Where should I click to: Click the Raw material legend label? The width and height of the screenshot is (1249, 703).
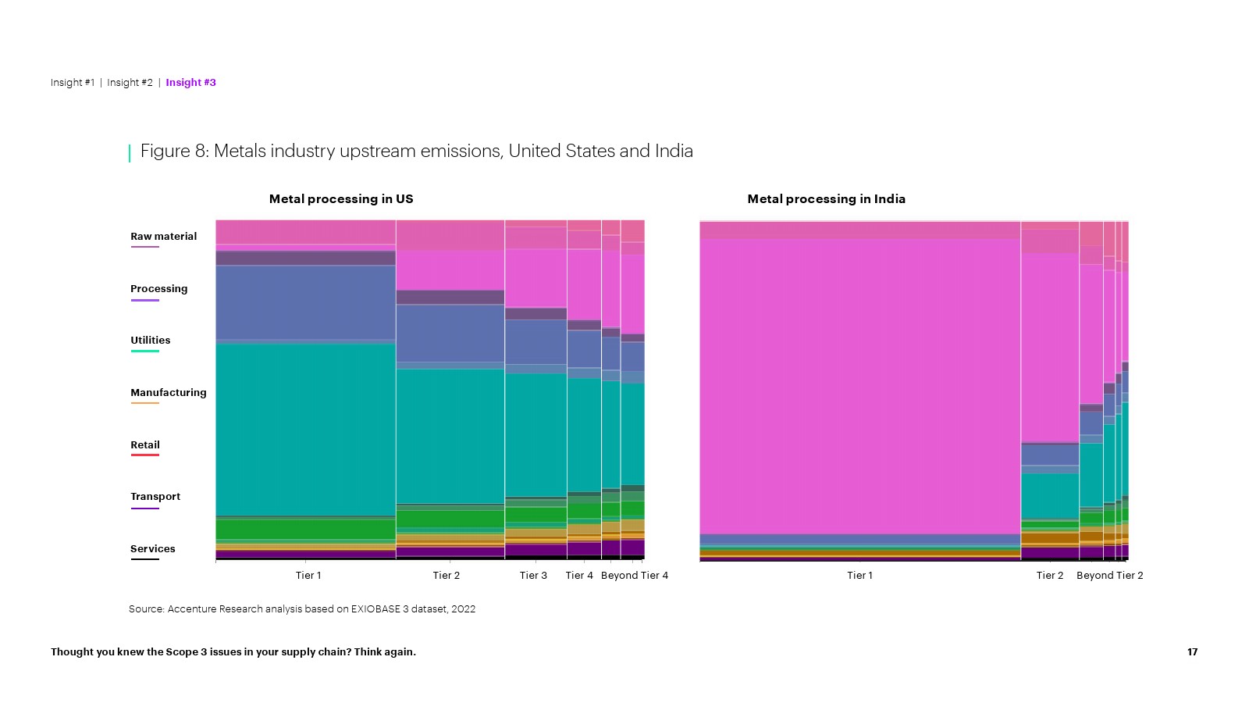pyautogui.click(x=163, y=237)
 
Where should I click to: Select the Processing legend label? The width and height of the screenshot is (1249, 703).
pyautogui.click(x=158, y=289)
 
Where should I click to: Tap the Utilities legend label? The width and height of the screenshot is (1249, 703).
pyautogui.click(x=150, y=341)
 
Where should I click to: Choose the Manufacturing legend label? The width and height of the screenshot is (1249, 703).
pyautogui.click(x=168, y=393)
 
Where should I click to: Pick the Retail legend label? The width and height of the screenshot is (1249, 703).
pyautogui.click(x=144, y=445)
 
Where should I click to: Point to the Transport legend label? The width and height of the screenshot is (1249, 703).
pyautogui.click(x=155, y=497)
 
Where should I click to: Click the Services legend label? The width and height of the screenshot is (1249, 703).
pyautogui.click(x=152, y=549)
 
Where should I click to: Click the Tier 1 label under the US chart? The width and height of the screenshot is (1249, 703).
pyautogui.click(x=308, y=576)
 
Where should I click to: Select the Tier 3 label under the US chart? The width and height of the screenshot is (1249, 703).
pyautogui.click(x=533, y=576)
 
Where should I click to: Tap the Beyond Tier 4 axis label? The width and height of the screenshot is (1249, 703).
pyautogui.click(x=634, y=576)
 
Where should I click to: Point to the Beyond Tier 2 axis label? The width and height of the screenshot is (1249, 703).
pyautogui.click(x=1109, y=576)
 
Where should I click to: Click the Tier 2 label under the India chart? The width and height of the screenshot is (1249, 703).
pyautogui.click(x=1049, y=576)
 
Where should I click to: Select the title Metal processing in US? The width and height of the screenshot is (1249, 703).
pyautogui.click(x=341, y=199)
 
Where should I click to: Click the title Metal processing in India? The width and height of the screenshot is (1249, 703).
pyautogui.click(x=826, y=199)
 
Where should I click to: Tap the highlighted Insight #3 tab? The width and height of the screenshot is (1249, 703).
pyautogui.click(x=190, y=83)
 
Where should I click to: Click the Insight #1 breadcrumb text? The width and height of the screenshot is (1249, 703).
pyautogui.click(x=72, y=83)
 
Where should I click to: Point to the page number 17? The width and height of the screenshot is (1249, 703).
pyautogui.click(x=1192, y=652)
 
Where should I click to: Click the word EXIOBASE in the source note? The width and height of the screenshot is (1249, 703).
pyautogui.click(x=375, y=609)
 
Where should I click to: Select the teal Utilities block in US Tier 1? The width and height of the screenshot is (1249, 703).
pyautogui.click(x=305, y=430)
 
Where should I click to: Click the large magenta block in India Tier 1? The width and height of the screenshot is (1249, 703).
pyautogui.click(x=859, y=387)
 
